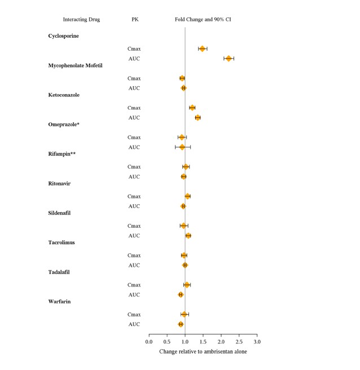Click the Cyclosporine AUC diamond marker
pyautogui.click(x=229, y=58)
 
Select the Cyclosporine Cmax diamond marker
pyautogui.click(x=203, y=49)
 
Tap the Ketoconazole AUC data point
pyautogui.click(x=197, y=117)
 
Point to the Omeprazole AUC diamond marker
pyautogui.click(x=182, y=147)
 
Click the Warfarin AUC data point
pyautogui.click(x=181, y=324)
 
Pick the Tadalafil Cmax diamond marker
pyautogui.click(x=187, y=285)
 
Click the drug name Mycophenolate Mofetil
pyautogui.click(x=75, y=65)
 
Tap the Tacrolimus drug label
pyautogui.click(x=62, y=243)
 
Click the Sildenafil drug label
pyautogui.click(x=59, y=213)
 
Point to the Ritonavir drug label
pyautogui.click(x=59, y=183)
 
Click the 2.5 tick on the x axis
pyautogui.click(x=239, y=342)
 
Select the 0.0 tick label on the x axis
pyautogui.click(x=149, y=342)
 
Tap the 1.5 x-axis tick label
pyautogui.click(x=203, y=342)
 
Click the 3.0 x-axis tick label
pyautogui.click(x=257, y=342)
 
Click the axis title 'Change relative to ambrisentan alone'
pyautogui.click(x=203, y=351)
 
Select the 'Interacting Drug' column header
pyautogui.click(x=81, y=19)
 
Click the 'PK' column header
pyautogui.click(x=134, y=19)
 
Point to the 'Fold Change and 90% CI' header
pyautogui.click(x=203, y=19)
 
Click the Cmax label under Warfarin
pyautogui.click(x=134, y=314)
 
